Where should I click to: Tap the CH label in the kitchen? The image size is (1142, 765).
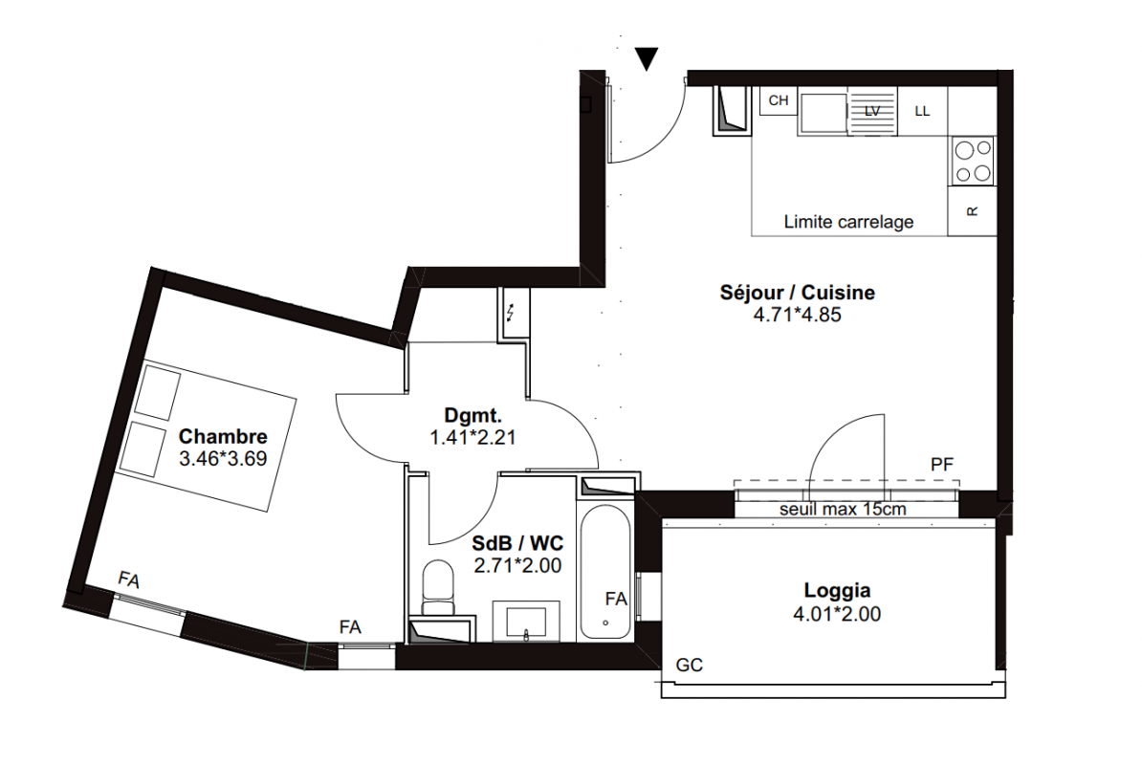[x=779, y=100]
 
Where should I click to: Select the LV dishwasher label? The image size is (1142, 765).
[x=871, y=111]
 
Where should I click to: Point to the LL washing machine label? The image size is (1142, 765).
[x=922, y=111]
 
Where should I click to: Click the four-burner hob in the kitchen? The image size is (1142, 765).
[x=973, y=161]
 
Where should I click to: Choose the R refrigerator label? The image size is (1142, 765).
[x=972, y=211]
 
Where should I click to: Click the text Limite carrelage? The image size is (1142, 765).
[x=848, y=222]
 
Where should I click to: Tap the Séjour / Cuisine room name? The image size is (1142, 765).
[x=798, y=293]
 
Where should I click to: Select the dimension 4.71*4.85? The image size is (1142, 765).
[x=798, y=315]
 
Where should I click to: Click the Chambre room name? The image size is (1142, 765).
[x=223, y=436]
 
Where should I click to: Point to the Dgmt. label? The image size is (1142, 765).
[x=472, y=416]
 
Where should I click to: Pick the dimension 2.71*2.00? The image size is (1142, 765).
[x=517, y=565]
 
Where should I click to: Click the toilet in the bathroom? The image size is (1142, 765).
[x=437, y=587]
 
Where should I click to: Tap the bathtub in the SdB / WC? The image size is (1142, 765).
[x=605, y=572]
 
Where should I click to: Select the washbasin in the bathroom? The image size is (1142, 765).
[x=526, y=622]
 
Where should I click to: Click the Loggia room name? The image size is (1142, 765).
[x=837, y=590]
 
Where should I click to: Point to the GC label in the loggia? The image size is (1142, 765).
[x=689, y=665]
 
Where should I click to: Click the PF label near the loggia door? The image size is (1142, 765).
[x=942, y=465]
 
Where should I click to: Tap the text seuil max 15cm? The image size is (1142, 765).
[x=843, y=510]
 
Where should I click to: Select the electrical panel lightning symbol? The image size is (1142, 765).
[x=511, y=313]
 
